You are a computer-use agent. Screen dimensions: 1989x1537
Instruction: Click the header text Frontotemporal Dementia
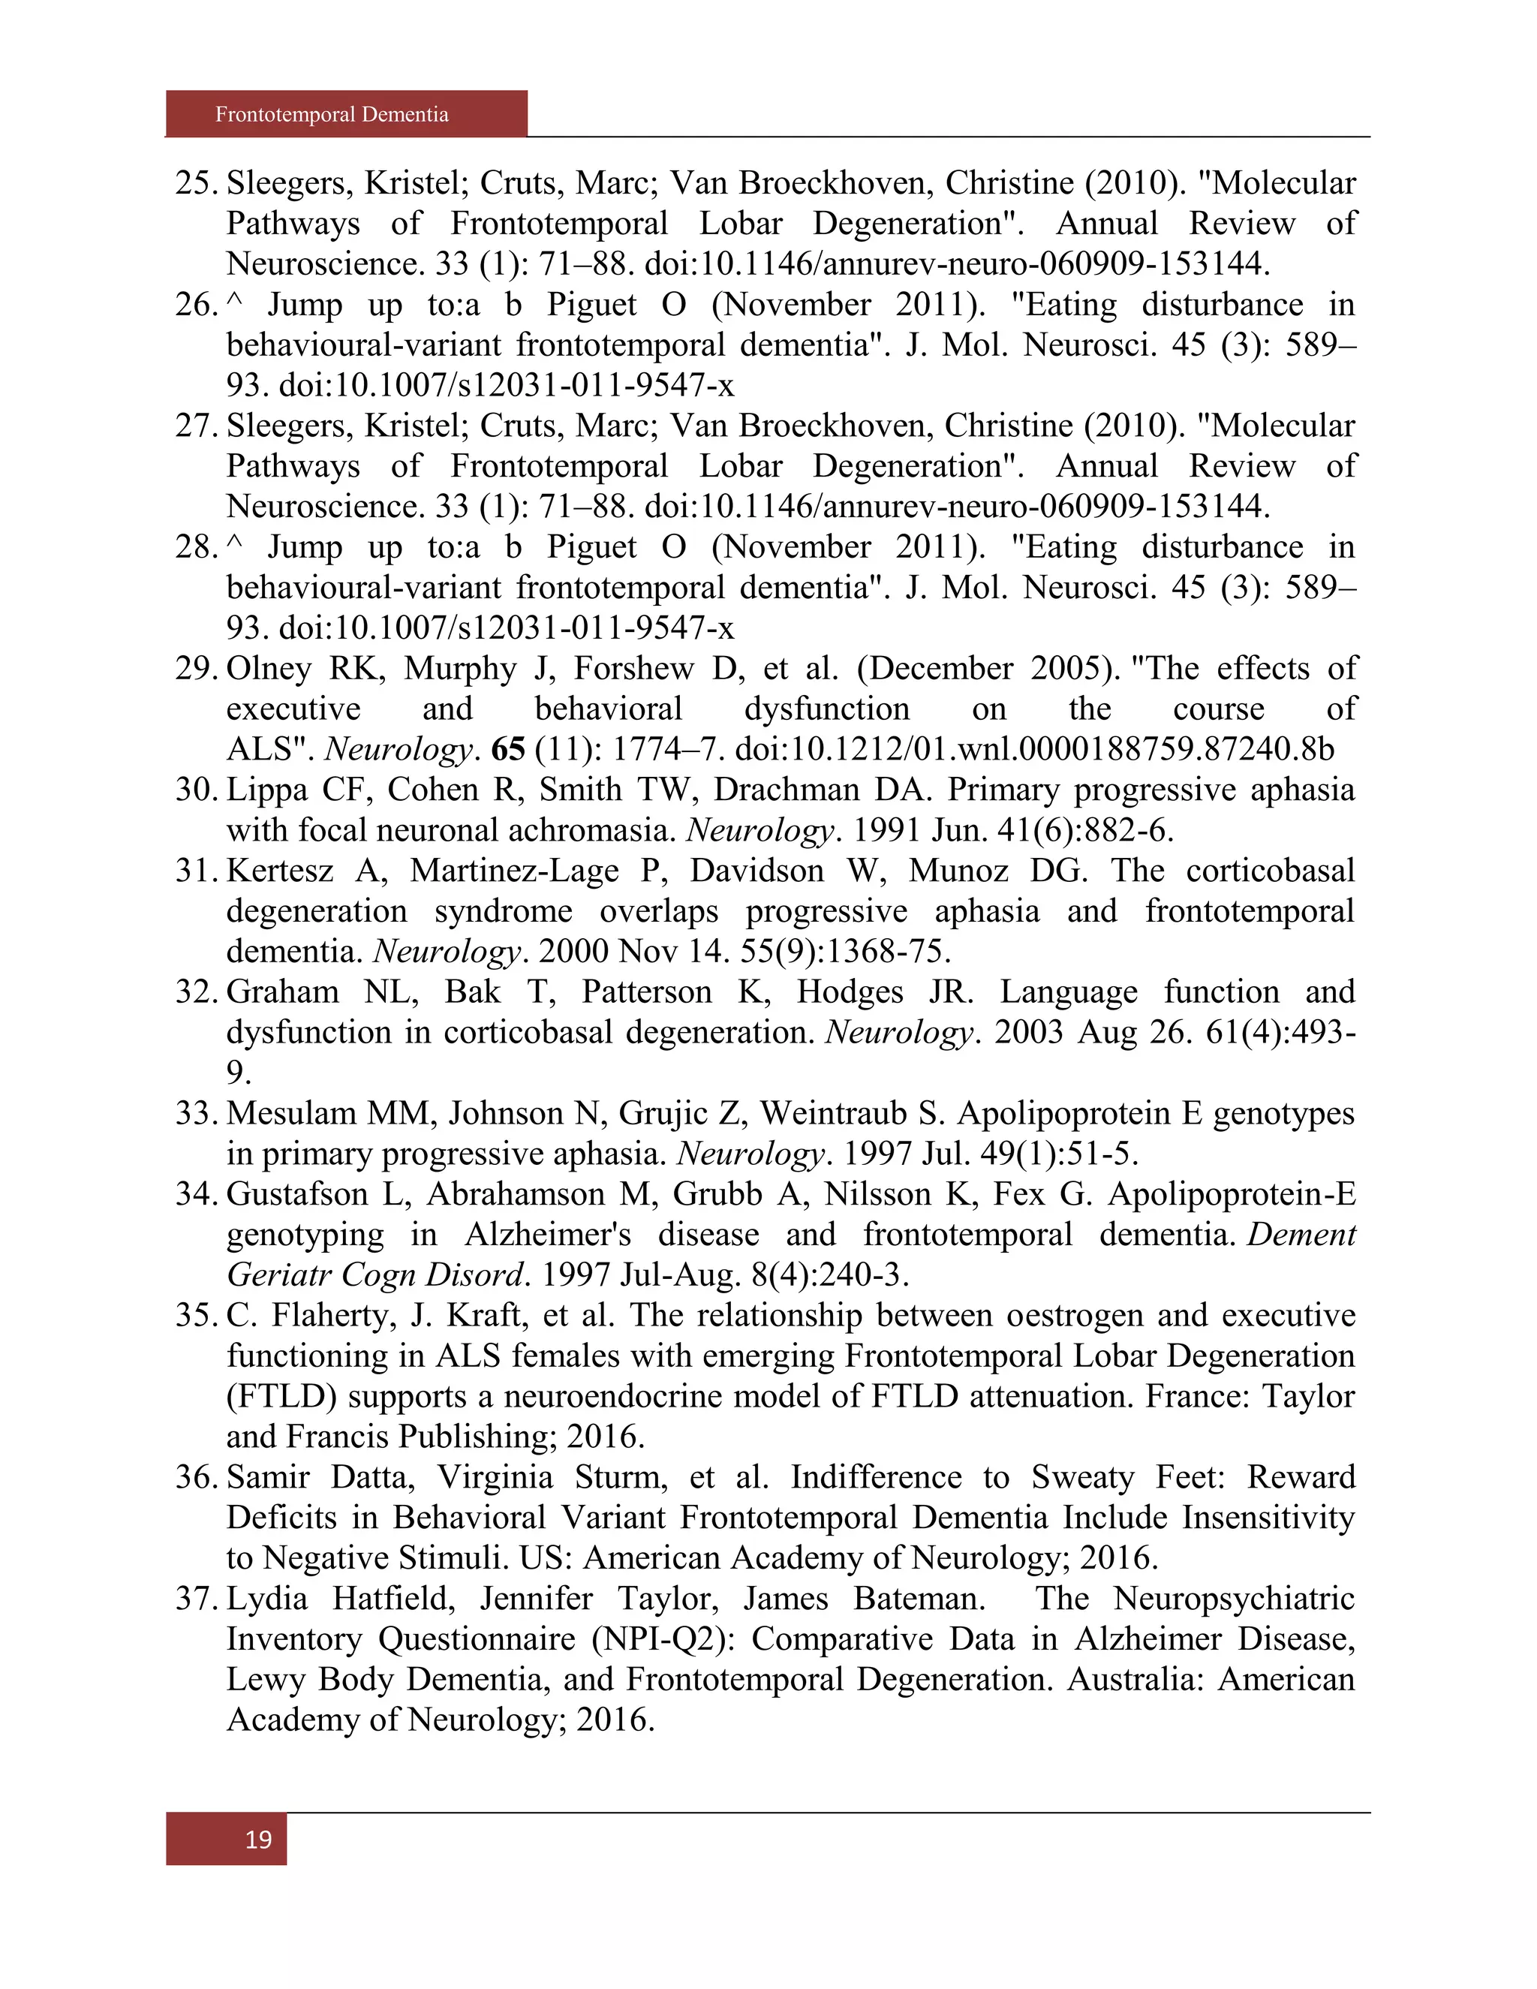[x=332, y=115]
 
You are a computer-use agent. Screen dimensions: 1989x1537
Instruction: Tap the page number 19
[x=259, y=1840]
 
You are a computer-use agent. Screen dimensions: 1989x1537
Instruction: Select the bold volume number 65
[x=508, y=750]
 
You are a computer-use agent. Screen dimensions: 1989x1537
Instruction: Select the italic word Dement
[x=1302, y=1235]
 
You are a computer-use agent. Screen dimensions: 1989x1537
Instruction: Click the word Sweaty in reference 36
[x=1083, y=1477]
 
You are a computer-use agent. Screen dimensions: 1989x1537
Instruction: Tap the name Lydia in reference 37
[x=266, y=1598]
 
